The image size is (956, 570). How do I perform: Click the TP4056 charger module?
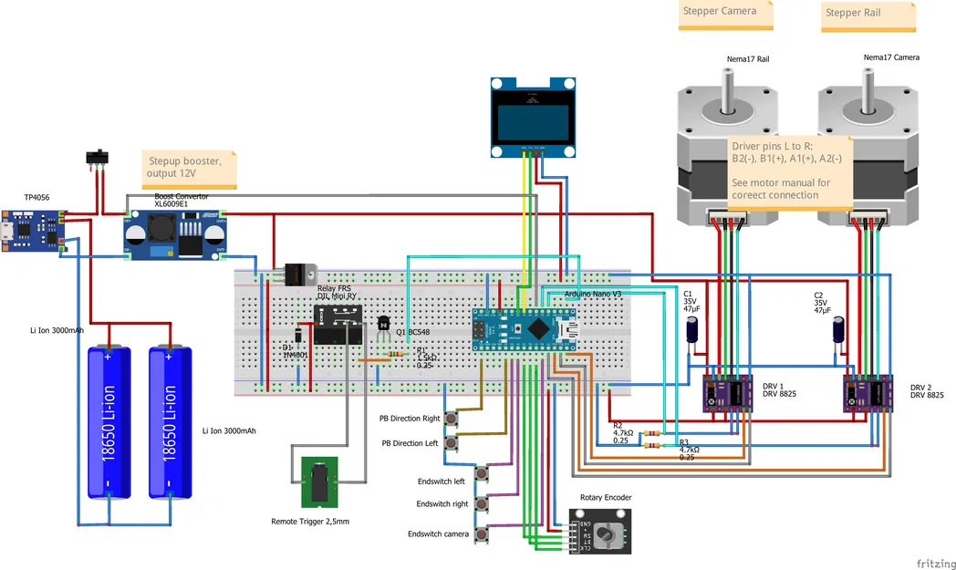pyautogui.click(x=33, y=233)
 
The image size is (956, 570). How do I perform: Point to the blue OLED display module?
pyautogui.click(x=533, y=117)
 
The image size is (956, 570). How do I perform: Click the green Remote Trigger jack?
pyautogui.click(x=319, y=482)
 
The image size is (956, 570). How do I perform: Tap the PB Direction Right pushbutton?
pyautogui.click(x=451, y=420)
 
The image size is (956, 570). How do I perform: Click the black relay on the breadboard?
pyautogui.click(x=338, y=325)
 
